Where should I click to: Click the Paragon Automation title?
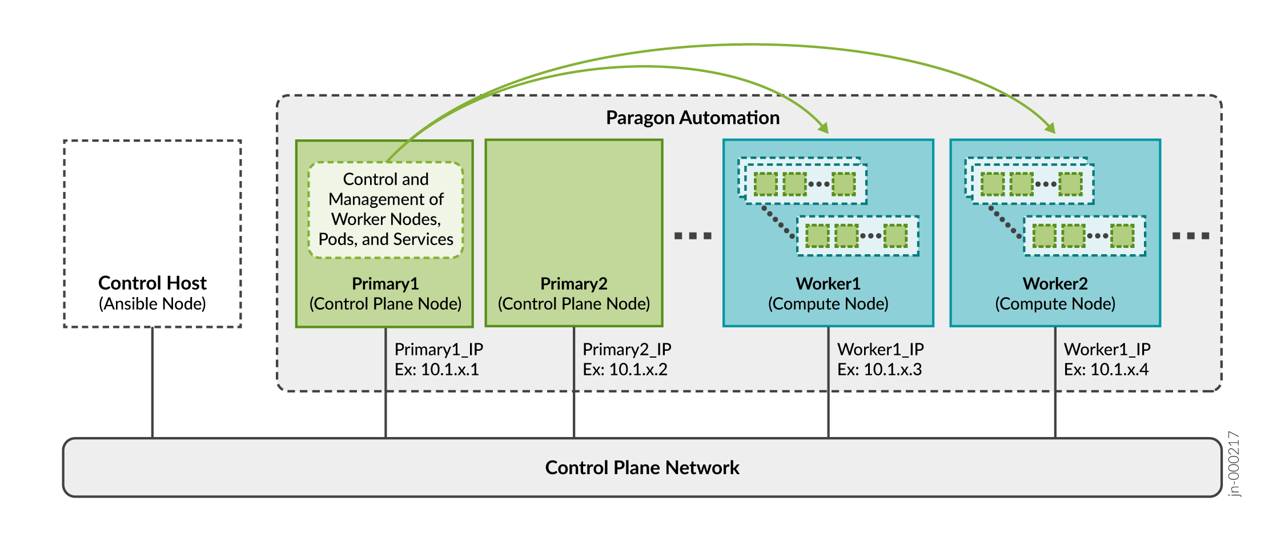692,118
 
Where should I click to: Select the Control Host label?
152,283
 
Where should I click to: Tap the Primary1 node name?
385,284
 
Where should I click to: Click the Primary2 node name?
573,284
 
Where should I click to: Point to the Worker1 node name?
828,284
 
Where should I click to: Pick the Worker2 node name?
1055,284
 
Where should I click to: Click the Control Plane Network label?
642,468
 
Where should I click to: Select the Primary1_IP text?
439,349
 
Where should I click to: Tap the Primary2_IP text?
627,349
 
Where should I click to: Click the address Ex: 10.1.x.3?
880,370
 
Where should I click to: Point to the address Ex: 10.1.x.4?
1106,370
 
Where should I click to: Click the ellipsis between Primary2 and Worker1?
693,236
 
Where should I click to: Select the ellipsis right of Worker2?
1190,236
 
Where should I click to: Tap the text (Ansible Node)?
152,304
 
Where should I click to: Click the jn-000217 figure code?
1234,464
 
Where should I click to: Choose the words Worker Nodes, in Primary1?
386,219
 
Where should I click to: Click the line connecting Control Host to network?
152,383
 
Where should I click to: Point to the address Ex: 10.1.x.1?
437,370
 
